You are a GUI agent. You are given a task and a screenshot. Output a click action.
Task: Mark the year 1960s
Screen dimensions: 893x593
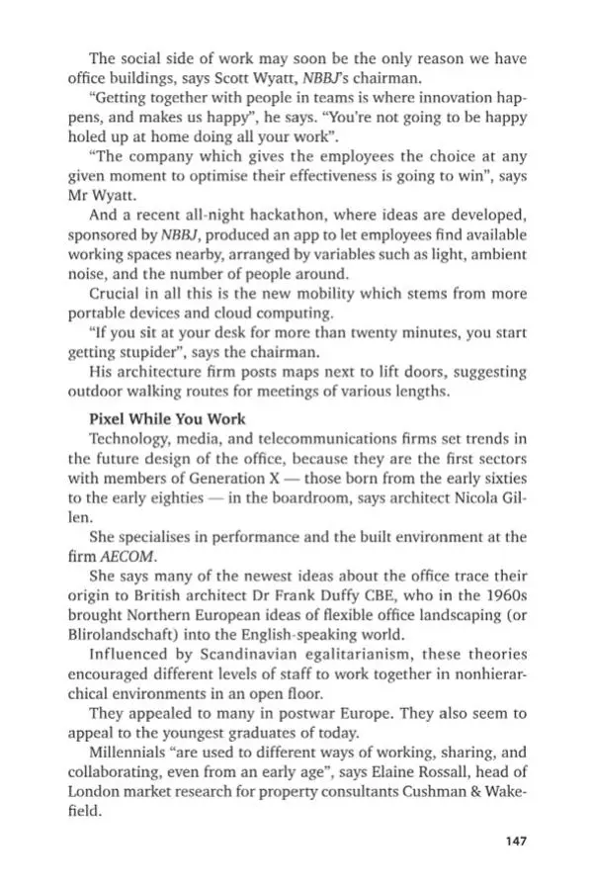click(x=500, y=600)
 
